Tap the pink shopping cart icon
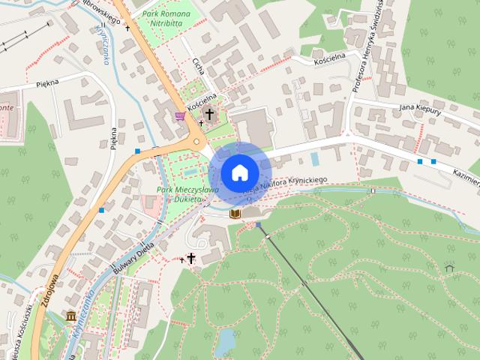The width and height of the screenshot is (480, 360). [x=180, y=115]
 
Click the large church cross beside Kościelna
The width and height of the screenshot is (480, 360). [x=209, y=115]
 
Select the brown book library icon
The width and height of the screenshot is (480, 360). [x=235, y=214]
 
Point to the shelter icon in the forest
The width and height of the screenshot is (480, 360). [x=449, y=267]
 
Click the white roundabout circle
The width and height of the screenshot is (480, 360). [x=197, y=141]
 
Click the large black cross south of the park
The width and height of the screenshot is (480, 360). [x=190, y=259]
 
